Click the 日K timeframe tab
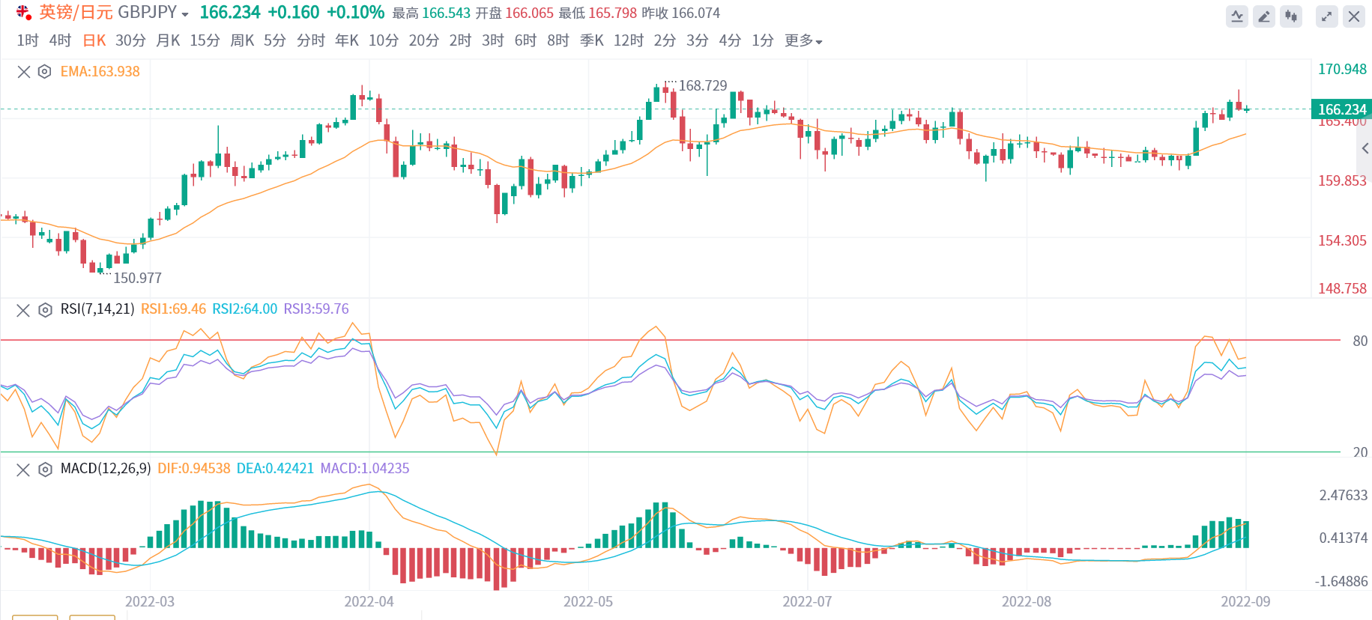pos(94,40)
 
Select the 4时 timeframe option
pos(60,40)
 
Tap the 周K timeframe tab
pos(242,40)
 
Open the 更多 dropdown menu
pos(803,40)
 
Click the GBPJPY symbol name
pos(148,13)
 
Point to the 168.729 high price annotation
pos(703,85)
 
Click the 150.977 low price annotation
pos(137,278)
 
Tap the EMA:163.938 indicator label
pos(100,72)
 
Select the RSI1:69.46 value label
pos(173,309)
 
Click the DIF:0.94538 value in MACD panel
pos(193,469)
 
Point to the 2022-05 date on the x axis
pos(587,601)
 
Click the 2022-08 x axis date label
pos(1026,601)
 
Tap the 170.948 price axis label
pos(1342,69)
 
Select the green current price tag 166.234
pos(1341,109)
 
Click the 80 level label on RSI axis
pos(1359,341)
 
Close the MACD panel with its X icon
pos(23,469)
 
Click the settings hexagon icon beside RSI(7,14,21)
pos(45,310)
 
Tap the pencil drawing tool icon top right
pos(1264,16)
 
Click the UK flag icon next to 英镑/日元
pos(24,13)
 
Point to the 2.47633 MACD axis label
pos(1343,495)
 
